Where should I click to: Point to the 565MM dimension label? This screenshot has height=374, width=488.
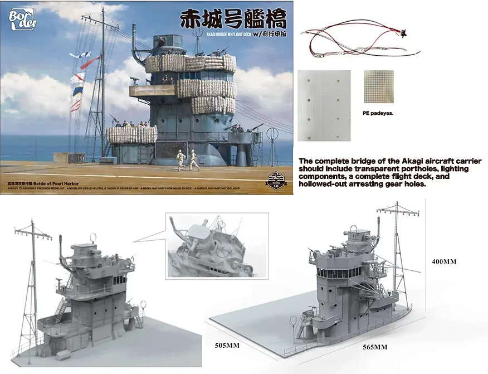pyautogui.click(x=374, y=346)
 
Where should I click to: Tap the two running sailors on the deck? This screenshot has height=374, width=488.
pyautogui.click(x=187, y=160)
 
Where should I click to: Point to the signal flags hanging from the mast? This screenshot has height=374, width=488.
pyautogui.click(x=83, y=84)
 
